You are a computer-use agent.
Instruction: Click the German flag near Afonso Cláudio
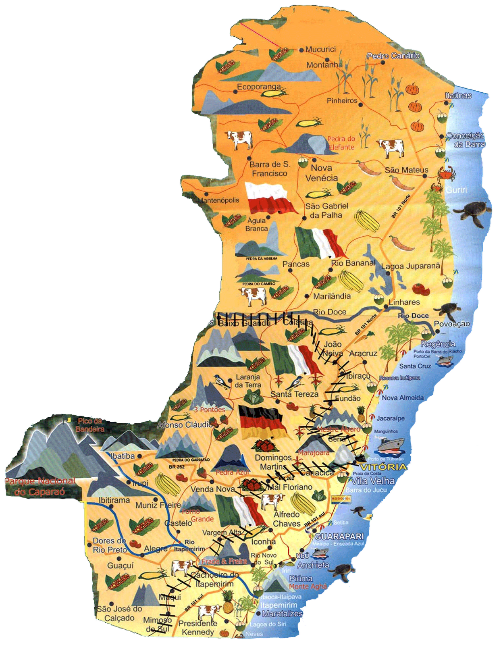tap(262, 422)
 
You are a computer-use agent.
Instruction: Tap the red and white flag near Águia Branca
tap(270, 198)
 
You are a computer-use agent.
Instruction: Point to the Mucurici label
tap(320, 49)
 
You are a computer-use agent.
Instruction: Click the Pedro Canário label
tap(393, 56)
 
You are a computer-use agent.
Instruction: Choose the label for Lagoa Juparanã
tap(411, 266)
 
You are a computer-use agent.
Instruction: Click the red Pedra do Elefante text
tap(341, 143)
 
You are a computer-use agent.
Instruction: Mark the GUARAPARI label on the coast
tap(339, 537)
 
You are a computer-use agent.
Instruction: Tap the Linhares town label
tap(404, 302)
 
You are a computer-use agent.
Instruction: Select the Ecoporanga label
tap(258, 87)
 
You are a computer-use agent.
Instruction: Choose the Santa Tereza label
tap(294, 394)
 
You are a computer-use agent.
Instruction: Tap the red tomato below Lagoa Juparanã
tap(421, 289)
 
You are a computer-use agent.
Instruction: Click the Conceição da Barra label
tap(466, 140)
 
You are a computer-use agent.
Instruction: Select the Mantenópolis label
tap(218, 200)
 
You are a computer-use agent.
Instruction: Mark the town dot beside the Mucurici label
tap(301, 50)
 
